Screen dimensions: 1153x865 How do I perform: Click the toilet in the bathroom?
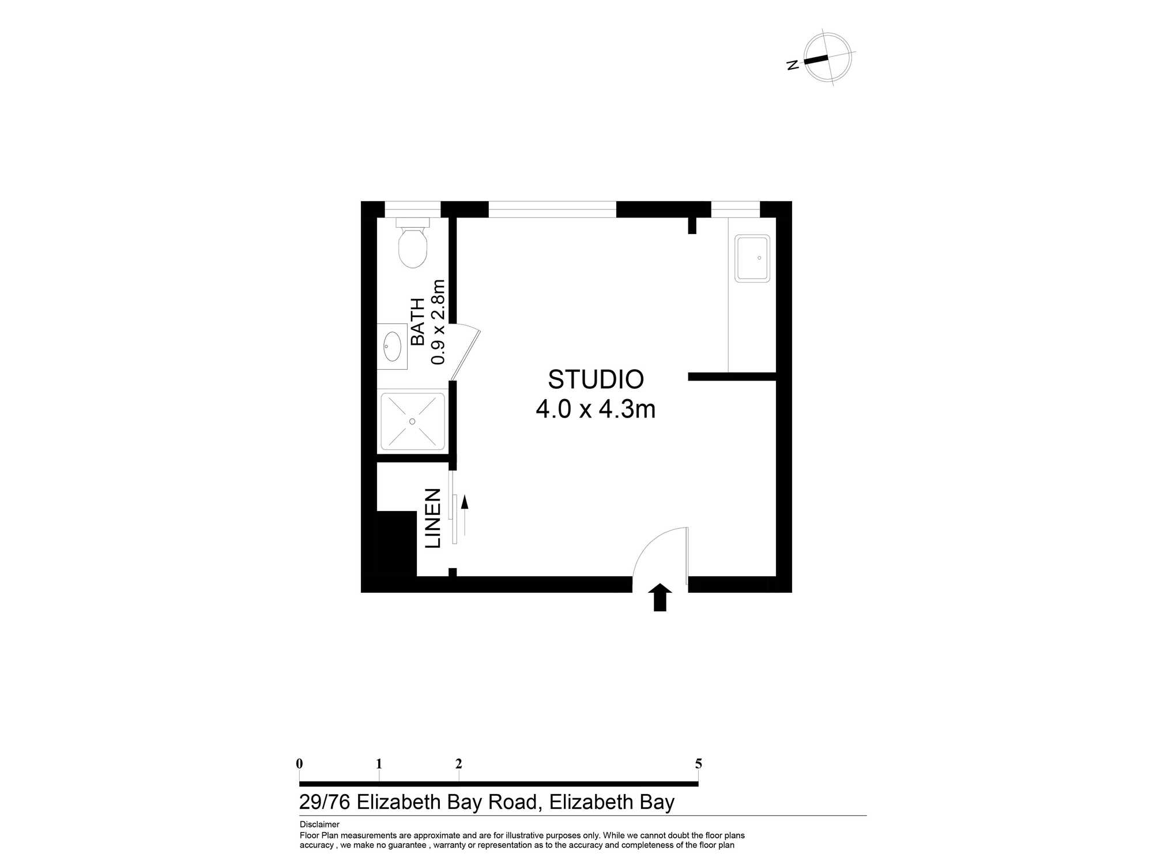[x=413, y=243]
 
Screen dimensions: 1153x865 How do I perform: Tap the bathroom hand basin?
[x=393, y=346]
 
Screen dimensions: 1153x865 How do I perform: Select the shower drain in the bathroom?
[x=412, y=422]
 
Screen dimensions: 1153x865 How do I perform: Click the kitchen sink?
[x=752, y=258]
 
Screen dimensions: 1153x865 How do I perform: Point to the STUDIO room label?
[x=596, y=379]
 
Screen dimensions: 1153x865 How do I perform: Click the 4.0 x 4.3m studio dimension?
[x=596, y=409]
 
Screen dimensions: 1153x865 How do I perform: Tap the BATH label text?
[x=417, y=322]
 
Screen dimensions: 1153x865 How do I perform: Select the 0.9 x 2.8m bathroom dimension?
[x=438, y=322]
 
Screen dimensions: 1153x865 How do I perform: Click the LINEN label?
[x=433, y=518]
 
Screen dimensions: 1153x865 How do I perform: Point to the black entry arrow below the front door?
[x=660, y=597]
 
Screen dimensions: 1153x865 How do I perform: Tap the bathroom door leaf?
[x=465, y=355]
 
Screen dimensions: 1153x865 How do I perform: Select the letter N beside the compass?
[x=793, y=65]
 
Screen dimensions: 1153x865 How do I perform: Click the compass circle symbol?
[x=828, y=58]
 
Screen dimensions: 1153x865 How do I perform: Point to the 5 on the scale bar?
[x=698, y=764]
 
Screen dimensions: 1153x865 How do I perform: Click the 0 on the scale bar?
[x=299, y=764]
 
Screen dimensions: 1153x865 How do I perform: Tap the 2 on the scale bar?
[x=459, y=764]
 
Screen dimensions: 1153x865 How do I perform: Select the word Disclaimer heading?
[x=319, y=825]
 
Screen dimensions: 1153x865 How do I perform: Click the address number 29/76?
[x=325, y=802]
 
